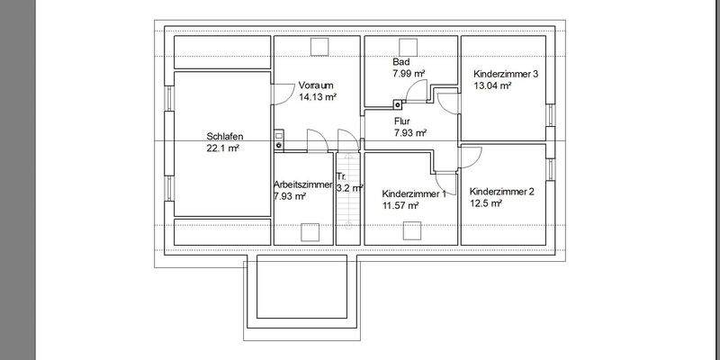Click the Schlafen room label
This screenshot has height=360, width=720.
pos(225,137)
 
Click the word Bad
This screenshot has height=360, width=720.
pos(400,61)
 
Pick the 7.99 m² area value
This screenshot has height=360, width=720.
pos(409,74)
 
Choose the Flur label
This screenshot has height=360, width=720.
pos(402,120)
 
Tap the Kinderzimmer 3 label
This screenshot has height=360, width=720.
pos(505,74)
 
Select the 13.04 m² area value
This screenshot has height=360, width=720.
pos(492,86)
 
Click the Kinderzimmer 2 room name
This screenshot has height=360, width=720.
pos(502,191)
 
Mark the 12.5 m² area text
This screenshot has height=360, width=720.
pos(486,203)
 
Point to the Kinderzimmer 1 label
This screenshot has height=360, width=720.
pos(414,193)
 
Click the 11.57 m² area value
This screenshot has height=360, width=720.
pos(401,206)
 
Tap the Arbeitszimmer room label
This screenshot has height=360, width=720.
pos(303,184)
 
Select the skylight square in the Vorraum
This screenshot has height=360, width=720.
pos(319,48)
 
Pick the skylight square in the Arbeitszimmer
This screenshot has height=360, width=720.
pos(310,230)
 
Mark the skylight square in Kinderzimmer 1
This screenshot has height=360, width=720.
pos(412,230)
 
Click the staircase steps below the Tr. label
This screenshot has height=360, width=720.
pos(346,216)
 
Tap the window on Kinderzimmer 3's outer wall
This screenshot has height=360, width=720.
pos(549,114)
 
